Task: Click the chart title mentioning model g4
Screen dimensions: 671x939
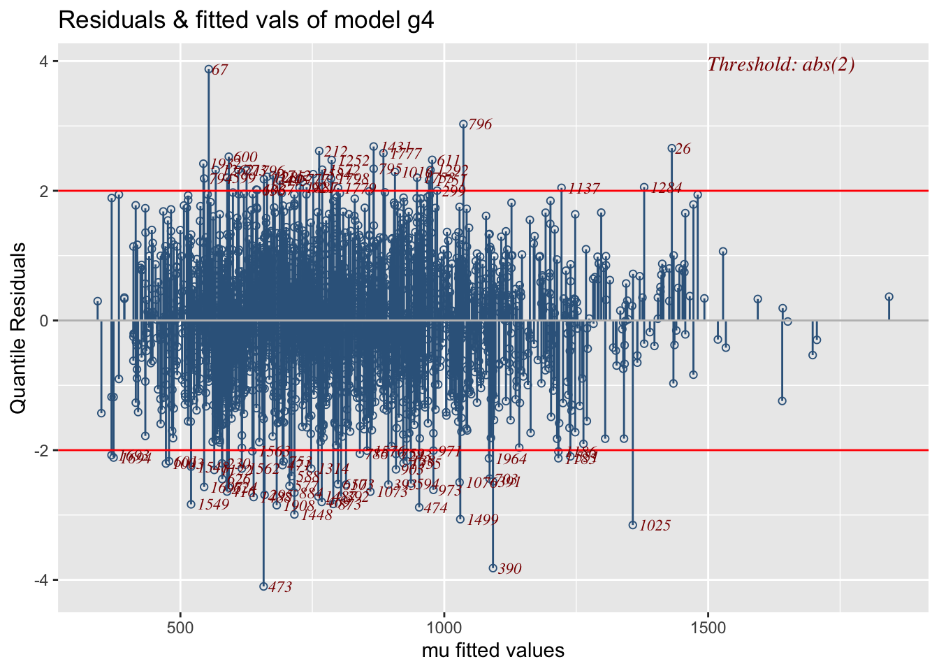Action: [246, 20]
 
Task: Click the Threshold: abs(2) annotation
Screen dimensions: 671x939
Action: [781, 65]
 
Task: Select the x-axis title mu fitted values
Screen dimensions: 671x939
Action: [493, 651]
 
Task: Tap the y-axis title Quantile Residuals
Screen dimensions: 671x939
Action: [19, 327]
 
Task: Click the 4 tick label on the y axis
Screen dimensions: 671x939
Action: [43, 62]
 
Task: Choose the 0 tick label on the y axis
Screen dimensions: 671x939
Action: [43, 321]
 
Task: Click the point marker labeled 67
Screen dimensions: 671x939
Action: [208, 69]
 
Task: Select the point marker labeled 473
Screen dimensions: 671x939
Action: [263, 586]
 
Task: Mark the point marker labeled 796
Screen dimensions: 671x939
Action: [463, 124]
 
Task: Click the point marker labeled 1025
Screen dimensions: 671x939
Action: [633, 525]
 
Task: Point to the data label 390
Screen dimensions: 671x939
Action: [510, 569]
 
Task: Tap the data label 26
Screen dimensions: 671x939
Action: [683, 149]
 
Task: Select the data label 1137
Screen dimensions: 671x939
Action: [583, 189]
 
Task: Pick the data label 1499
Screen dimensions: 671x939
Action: [483, 520]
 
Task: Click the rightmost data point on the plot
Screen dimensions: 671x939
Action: [889, 296]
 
